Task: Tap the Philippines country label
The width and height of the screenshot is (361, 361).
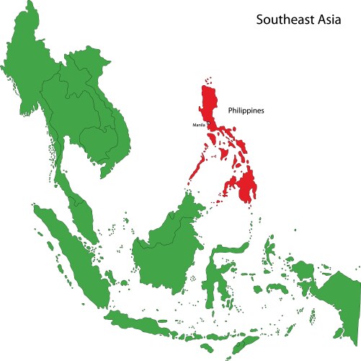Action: coord(246,111)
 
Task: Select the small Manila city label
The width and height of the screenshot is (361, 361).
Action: coord(199,125)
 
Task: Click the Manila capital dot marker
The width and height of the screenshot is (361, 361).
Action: coord(209,124)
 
